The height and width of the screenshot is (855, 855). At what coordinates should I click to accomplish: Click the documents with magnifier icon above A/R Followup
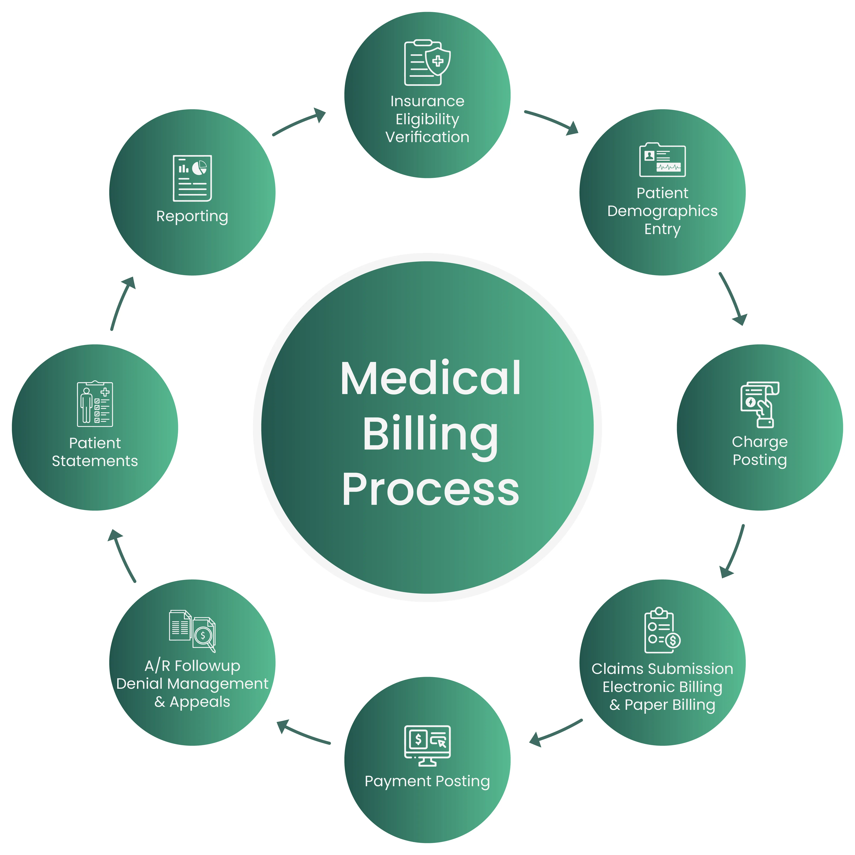[x=192, y=631]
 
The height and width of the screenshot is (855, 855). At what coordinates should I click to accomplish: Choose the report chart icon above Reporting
[x=192, y=178]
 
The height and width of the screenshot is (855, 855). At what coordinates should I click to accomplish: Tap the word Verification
[x=427, y=137]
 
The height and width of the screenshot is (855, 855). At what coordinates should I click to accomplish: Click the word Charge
[x=759, y=442]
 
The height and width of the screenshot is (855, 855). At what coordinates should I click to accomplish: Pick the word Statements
[x=95, y=461]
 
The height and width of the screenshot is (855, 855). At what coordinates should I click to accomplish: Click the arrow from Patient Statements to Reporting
[x=121, y=303]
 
